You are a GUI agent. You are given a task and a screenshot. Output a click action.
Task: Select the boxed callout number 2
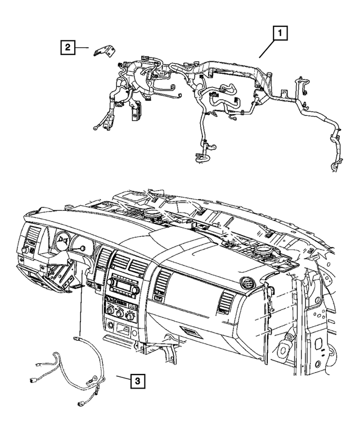pos(67,48)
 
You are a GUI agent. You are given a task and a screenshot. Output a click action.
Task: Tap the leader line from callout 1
pos(266,49)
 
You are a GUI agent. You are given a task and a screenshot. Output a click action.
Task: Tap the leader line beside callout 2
pos(83,48)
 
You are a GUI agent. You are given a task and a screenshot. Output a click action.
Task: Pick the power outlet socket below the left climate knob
pos(108,326)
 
